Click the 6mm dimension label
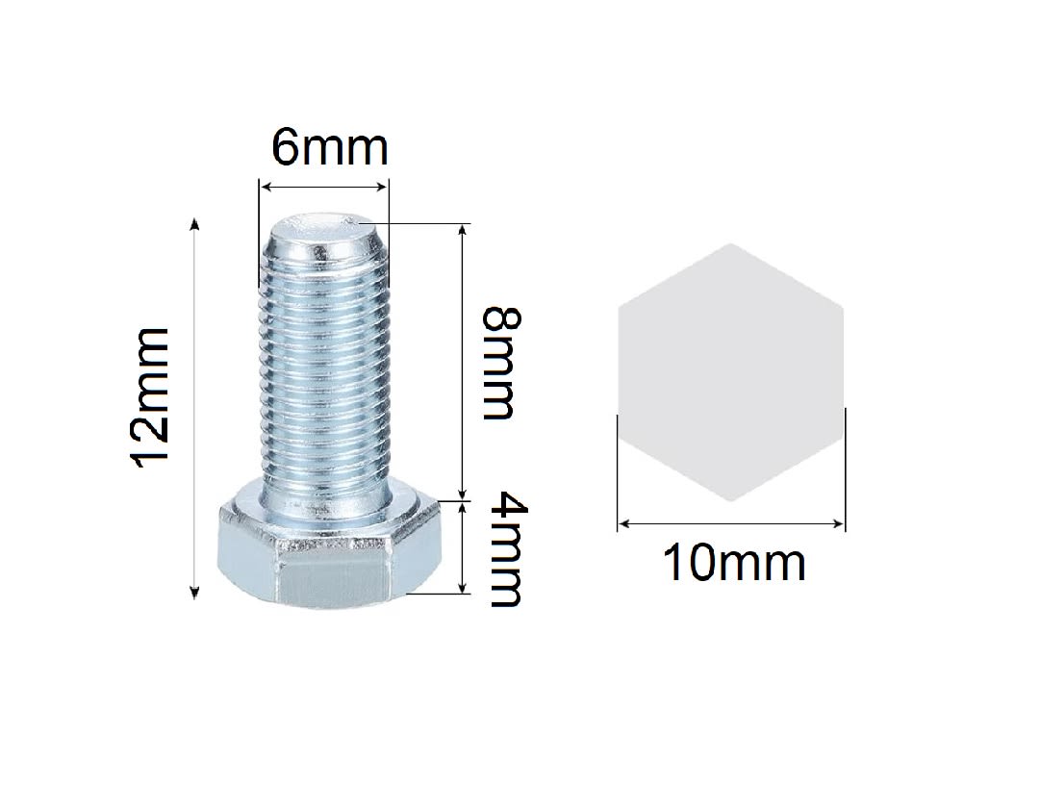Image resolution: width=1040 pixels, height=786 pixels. [329, 147]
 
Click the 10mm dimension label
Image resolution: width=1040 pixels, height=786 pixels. [733, 562]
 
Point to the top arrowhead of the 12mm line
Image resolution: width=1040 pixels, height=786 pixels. [195, 224]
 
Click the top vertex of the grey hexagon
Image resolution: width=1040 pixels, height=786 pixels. [731, 244]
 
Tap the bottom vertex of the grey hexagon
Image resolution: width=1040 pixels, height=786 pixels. [731, 500]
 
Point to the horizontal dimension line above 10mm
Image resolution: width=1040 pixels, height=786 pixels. [731, 524]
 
